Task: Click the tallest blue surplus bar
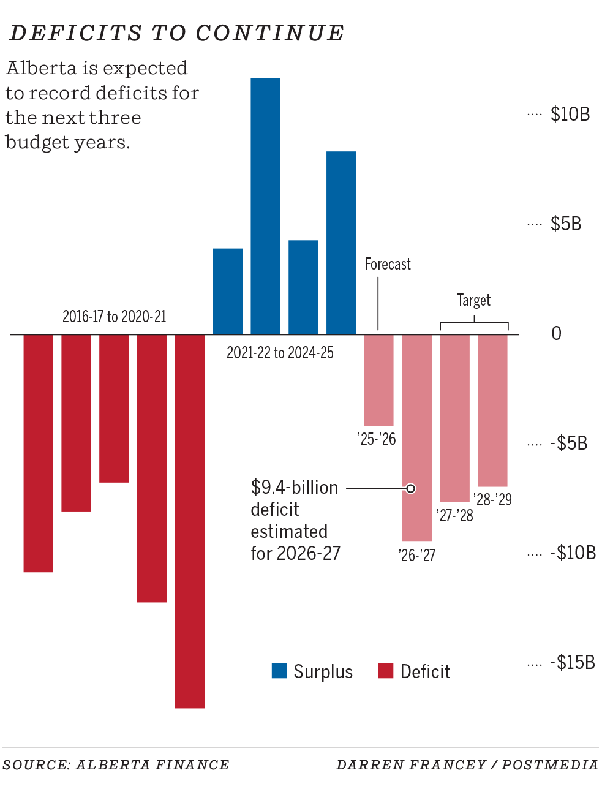pos(266,206)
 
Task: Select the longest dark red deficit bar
pos(190,521)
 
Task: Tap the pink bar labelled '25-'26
pos(378,380)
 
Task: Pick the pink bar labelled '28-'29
pos(492,410)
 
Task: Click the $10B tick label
pos(570,114)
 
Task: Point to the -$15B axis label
pos(572,662)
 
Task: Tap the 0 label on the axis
pos(556,333)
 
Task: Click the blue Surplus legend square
pos(279,671)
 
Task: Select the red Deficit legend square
pos(386,671)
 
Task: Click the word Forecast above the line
pos(388,264)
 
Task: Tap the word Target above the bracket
pos(473,300)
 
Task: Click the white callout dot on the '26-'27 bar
pos(411,488)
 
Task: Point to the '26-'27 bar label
pos(416,555)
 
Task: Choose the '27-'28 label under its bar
pos(454,515)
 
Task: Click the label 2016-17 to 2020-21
pos(114,317)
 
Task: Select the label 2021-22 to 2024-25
pos(280,353)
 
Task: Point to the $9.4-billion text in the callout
pos(294,488)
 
